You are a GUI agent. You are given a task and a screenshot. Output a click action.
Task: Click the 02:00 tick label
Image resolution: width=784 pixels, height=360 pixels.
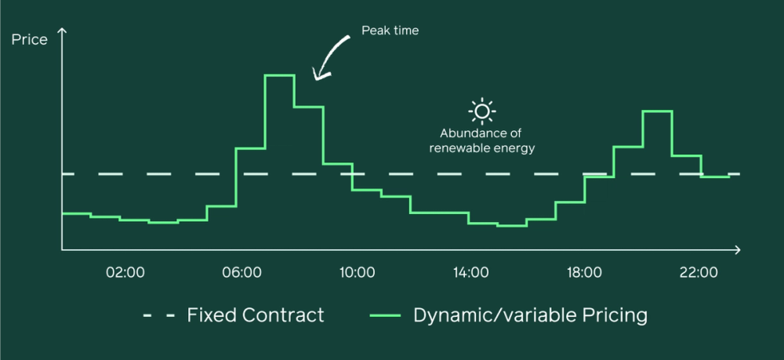[125, 273]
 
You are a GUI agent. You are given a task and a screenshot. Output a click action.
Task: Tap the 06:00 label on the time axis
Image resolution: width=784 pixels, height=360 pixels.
[242, 273]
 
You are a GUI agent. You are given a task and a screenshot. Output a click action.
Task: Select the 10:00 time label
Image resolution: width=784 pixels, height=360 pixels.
[356, 273]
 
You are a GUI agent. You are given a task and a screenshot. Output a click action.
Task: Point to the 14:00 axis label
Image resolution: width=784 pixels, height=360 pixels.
[470, 273]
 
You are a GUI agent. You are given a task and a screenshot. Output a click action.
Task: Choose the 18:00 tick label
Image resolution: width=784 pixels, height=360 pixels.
[585, 273]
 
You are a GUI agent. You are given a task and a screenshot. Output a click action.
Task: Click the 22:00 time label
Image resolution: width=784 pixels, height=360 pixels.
[699, 273]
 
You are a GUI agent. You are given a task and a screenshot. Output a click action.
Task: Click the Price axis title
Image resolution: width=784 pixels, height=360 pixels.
[30, 39]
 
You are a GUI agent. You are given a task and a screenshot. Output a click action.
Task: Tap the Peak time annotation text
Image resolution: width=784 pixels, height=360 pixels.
[390, 31]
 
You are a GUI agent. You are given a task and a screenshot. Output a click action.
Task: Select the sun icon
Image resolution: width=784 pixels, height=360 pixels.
[482, 111]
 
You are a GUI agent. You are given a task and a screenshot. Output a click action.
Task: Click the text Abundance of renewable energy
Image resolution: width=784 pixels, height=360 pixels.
[482, 141]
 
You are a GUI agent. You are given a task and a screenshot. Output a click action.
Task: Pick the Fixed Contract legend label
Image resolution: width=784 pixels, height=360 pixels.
[256, 315]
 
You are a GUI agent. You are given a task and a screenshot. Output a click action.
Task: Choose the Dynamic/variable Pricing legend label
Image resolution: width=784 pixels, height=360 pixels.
[531, 316]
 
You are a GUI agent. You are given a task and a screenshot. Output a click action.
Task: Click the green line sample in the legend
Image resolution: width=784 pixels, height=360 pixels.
[385, 315]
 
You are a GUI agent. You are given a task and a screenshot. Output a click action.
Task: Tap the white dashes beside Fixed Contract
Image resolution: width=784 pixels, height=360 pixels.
[159, 315]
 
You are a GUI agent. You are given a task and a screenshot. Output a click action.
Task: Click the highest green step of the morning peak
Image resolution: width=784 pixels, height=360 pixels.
[280, 75]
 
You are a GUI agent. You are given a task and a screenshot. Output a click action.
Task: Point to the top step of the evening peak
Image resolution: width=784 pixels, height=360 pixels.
[657, 111]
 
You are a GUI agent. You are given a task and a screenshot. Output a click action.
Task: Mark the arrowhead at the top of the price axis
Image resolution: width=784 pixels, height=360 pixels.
[61, 31]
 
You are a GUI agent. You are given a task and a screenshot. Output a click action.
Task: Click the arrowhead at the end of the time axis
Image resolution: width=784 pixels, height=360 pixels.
[737, 249]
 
